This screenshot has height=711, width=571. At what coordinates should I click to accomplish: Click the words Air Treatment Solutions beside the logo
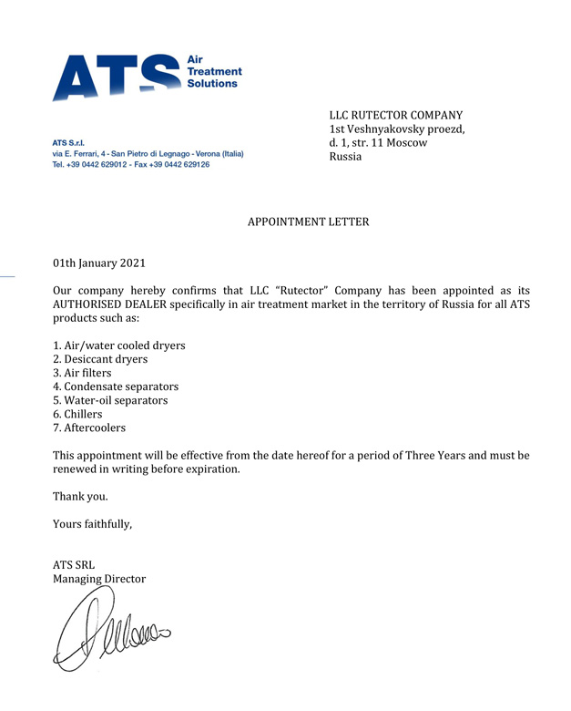coord(213,70)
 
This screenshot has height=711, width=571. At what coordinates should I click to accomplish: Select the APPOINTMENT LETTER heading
coord(309,222)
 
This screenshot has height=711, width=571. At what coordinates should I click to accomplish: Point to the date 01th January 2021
coord(99,263)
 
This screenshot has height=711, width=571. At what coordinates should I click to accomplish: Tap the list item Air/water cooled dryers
coord(119,345)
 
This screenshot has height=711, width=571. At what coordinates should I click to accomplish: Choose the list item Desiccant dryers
coord(100,359)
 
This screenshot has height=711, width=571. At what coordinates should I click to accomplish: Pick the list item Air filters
coord(83,373)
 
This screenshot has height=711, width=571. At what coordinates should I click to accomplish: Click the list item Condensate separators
coord(116,386)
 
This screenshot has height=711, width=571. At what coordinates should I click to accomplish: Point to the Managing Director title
coord(99,579)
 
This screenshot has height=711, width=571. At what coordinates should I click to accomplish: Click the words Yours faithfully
coord(92,523)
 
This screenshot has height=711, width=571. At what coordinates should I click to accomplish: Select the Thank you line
coord(80,497)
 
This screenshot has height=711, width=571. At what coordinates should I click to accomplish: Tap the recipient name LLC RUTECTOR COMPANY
coord(396,116)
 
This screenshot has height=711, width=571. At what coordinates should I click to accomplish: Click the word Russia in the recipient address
coord(346,157)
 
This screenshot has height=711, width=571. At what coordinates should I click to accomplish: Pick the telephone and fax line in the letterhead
coord(131,165)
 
